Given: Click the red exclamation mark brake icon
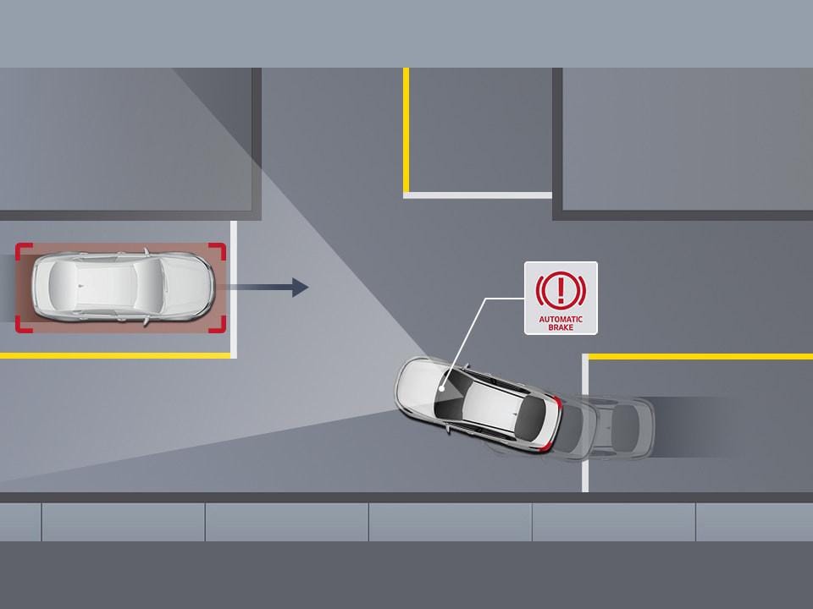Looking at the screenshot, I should coord(560,290).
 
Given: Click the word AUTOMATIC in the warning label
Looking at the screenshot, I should coord(560,319).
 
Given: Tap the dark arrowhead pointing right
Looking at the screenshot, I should coord(300,288).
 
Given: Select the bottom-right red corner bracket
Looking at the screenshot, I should coord(219,325).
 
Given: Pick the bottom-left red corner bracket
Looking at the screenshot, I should coord(22,325).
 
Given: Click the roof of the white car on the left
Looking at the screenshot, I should coord(102,287).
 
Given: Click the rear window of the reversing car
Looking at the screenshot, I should coord(531,417).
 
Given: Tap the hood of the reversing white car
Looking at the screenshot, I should coord(423,383).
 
